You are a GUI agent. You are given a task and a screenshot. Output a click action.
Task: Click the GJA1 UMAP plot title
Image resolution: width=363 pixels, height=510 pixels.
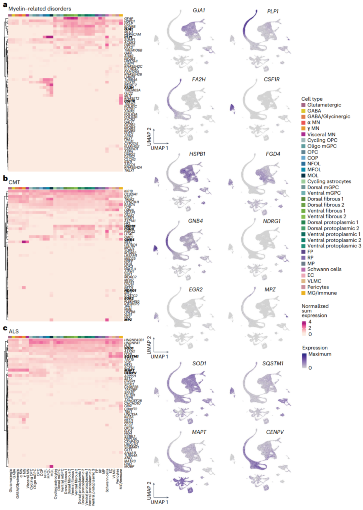pos(199,10)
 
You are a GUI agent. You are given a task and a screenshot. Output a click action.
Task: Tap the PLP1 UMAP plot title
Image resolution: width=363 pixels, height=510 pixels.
pos(273,11)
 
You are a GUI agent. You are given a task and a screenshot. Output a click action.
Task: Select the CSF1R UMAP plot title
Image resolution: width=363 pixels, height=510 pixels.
pos(272,79)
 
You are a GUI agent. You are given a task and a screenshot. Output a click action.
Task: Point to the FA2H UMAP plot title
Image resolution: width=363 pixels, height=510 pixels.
pos(199,79)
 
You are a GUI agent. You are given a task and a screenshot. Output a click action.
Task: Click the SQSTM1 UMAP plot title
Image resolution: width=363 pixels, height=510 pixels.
pos(273,364)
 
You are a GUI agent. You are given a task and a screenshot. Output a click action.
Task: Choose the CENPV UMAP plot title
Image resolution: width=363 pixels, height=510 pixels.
pos(275,432)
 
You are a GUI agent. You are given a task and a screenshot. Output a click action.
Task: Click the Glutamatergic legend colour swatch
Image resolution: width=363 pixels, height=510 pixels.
pos(304,105)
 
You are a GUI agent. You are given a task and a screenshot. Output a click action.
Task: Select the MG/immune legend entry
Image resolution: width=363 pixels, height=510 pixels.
pos(322,293)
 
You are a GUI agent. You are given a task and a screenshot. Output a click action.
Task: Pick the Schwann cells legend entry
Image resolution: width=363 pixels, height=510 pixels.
pos(324,269)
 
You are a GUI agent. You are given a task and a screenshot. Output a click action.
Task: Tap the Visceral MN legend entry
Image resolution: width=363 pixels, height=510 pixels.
pos(321,134)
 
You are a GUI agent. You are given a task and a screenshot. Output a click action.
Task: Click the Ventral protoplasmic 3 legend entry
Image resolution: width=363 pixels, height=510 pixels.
pos(334,246)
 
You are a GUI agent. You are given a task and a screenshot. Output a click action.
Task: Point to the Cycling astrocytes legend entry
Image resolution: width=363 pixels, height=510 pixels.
pos(329,181)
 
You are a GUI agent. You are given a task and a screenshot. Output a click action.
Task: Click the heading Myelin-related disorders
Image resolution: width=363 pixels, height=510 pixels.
pos(40,9)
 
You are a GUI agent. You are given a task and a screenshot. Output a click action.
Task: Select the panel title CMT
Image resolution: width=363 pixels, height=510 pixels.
pos(14,182)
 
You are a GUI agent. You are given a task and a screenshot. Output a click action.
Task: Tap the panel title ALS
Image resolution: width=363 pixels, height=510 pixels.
pos(14,332)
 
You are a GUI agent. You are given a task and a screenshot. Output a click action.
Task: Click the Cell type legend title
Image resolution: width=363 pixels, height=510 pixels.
pos(312,99)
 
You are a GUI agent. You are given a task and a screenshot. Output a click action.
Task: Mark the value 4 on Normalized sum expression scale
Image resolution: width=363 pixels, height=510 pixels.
pos(310,322)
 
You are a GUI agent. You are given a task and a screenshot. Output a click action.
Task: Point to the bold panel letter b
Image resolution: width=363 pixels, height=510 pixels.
pos(5,178)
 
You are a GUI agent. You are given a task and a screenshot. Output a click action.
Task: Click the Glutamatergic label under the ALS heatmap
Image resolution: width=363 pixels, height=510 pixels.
pos(11,481)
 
